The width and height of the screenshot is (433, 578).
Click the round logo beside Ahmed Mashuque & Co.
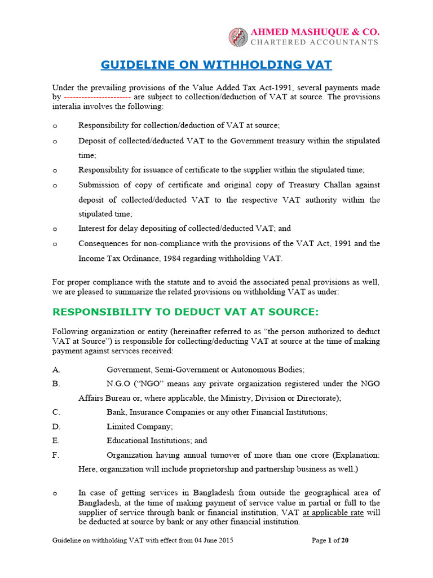(238, 37)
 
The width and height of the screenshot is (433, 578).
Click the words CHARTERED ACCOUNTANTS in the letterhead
(314, 42)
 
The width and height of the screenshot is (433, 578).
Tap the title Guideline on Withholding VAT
(216, 65)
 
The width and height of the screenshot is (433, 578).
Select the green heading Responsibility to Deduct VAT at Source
(185, 312)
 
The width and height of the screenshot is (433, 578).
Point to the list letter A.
(56, 370)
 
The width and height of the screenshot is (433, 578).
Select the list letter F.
(55, 455)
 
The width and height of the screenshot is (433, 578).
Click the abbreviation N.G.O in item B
(118, 384)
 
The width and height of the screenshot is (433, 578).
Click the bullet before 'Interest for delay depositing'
(55, 229)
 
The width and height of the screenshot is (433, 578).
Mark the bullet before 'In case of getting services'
(55, 494)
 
